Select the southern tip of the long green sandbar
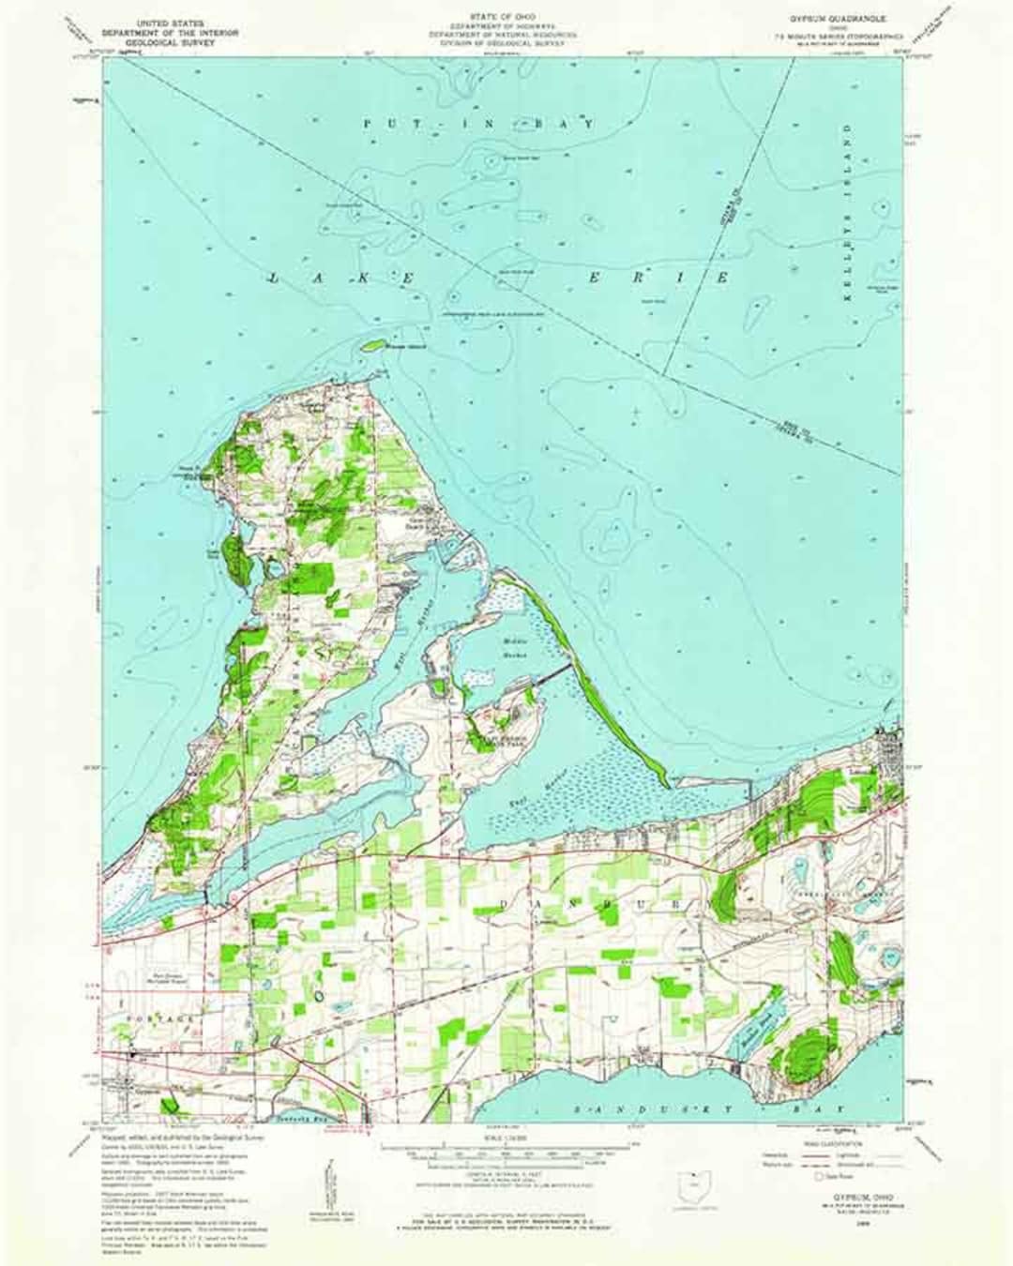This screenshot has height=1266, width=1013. click(x=664, y=784)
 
